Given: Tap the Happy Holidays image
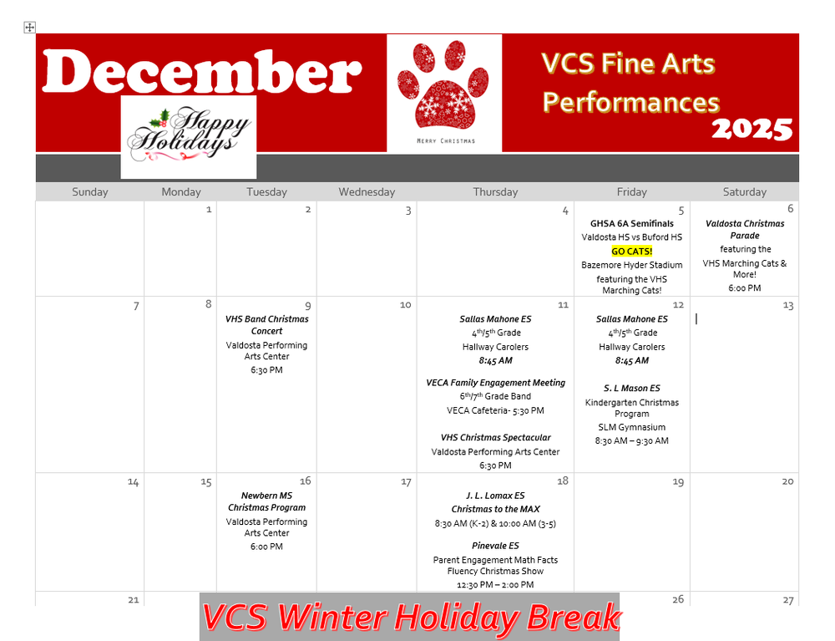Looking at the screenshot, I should click(x=189, y=135).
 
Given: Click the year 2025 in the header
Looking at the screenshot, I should click(x=751, y=129).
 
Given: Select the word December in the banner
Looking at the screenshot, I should click(x=202, y=72).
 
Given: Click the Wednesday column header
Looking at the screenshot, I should click(x=367, y=192).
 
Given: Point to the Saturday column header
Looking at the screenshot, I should click(x=744, y=192).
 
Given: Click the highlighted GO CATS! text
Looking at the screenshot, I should click(x=632, y=251).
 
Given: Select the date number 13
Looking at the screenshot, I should click(x=787, y=306).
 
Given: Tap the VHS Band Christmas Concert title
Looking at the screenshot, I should click(x=267, y=325).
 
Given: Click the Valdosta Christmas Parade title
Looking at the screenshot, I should click(x=745, y=230).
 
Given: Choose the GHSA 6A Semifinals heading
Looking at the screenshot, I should click(x=632, y=223).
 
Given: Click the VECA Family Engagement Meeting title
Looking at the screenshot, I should click(x=495, y=383).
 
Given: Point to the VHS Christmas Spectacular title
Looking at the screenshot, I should click(x=495, y=438).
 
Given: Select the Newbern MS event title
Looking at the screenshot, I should click(x=267, y=501).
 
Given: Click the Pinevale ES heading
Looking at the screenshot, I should click(x=495, y=546).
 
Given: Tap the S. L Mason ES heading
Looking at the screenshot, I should click(x=632, y=389).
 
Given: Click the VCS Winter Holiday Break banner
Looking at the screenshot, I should click(x=410, y=618).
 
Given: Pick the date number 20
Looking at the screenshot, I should click(x=787, y=482).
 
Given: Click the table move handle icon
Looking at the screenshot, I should click(x=30, y=28).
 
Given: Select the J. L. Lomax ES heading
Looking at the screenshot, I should click(x=495, y=496).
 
